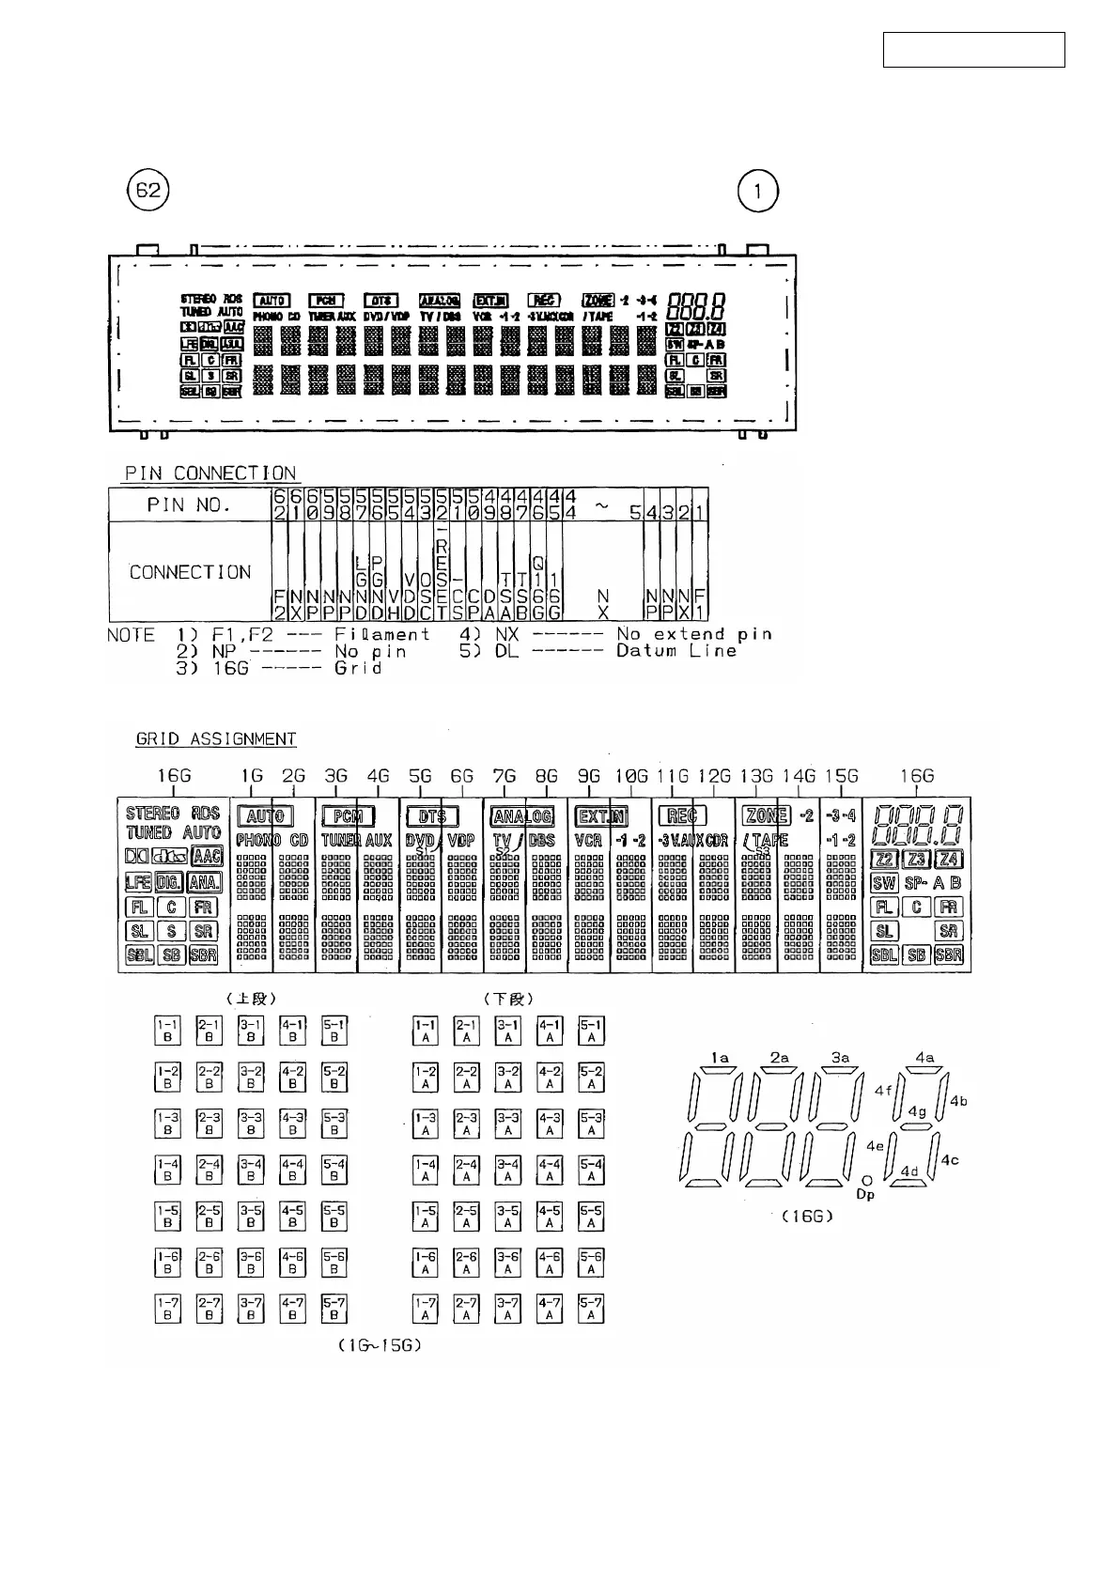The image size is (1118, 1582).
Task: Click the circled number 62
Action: (x=148, y=192)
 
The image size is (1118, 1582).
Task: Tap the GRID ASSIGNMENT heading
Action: (x=216, y=739)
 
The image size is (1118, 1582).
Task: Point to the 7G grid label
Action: (x=505, y=776)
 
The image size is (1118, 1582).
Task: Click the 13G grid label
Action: (x=756, y=776)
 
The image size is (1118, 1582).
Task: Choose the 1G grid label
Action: (x=252, y=776)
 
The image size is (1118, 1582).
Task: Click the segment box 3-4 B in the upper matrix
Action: (x=251, y=1170)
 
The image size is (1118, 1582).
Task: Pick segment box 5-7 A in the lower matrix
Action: (x=591, y=1308)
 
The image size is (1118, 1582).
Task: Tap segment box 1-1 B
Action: (x=168, y=1031)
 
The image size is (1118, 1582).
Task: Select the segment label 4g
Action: (x=917, y=1111)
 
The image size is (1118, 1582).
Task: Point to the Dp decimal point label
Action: (x=866, y=1195)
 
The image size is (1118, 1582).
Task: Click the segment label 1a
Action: (x=720, y=1058)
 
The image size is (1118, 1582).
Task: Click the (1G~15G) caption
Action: (x=379, y=1345)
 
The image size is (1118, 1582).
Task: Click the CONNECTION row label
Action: (x=191, y=572)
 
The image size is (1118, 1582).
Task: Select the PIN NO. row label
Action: (x=189, y=504)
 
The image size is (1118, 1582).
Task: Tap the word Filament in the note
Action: (x=382, y=634)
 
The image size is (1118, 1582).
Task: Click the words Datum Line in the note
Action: (x=676, y=651)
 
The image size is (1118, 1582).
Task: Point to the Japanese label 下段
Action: (x=509, y=998)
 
